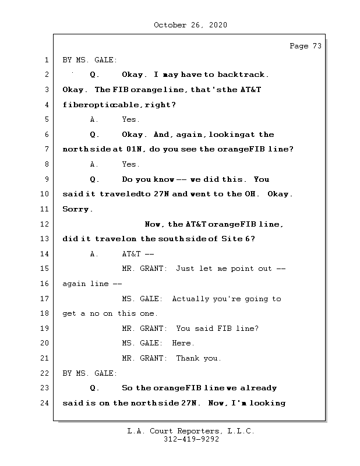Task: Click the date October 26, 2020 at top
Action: (190, 25)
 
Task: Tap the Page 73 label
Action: (305, 47)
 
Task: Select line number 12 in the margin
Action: (45, 224)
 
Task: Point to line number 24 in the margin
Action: (45, 403)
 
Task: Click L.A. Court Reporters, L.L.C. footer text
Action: (190, 432)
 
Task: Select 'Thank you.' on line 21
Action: (199, 359)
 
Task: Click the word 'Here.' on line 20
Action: (183, 344)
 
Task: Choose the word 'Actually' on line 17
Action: (190, 299)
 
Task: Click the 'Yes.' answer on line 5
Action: (130, 120)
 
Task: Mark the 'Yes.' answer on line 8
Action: (130, 165)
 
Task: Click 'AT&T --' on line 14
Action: (138, 254)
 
